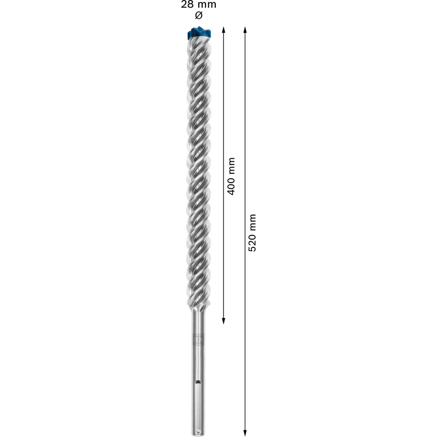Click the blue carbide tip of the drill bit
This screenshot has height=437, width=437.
198,33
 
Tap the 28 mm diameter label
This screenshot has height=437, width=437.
198,5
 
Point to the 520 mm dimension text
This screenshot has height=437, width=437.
252,232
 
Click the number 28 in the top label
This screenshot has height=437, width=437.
187,5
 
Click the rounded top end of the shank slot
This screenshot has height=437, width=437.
198,381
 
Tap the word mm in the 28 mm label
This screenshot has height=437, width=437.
208,5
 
